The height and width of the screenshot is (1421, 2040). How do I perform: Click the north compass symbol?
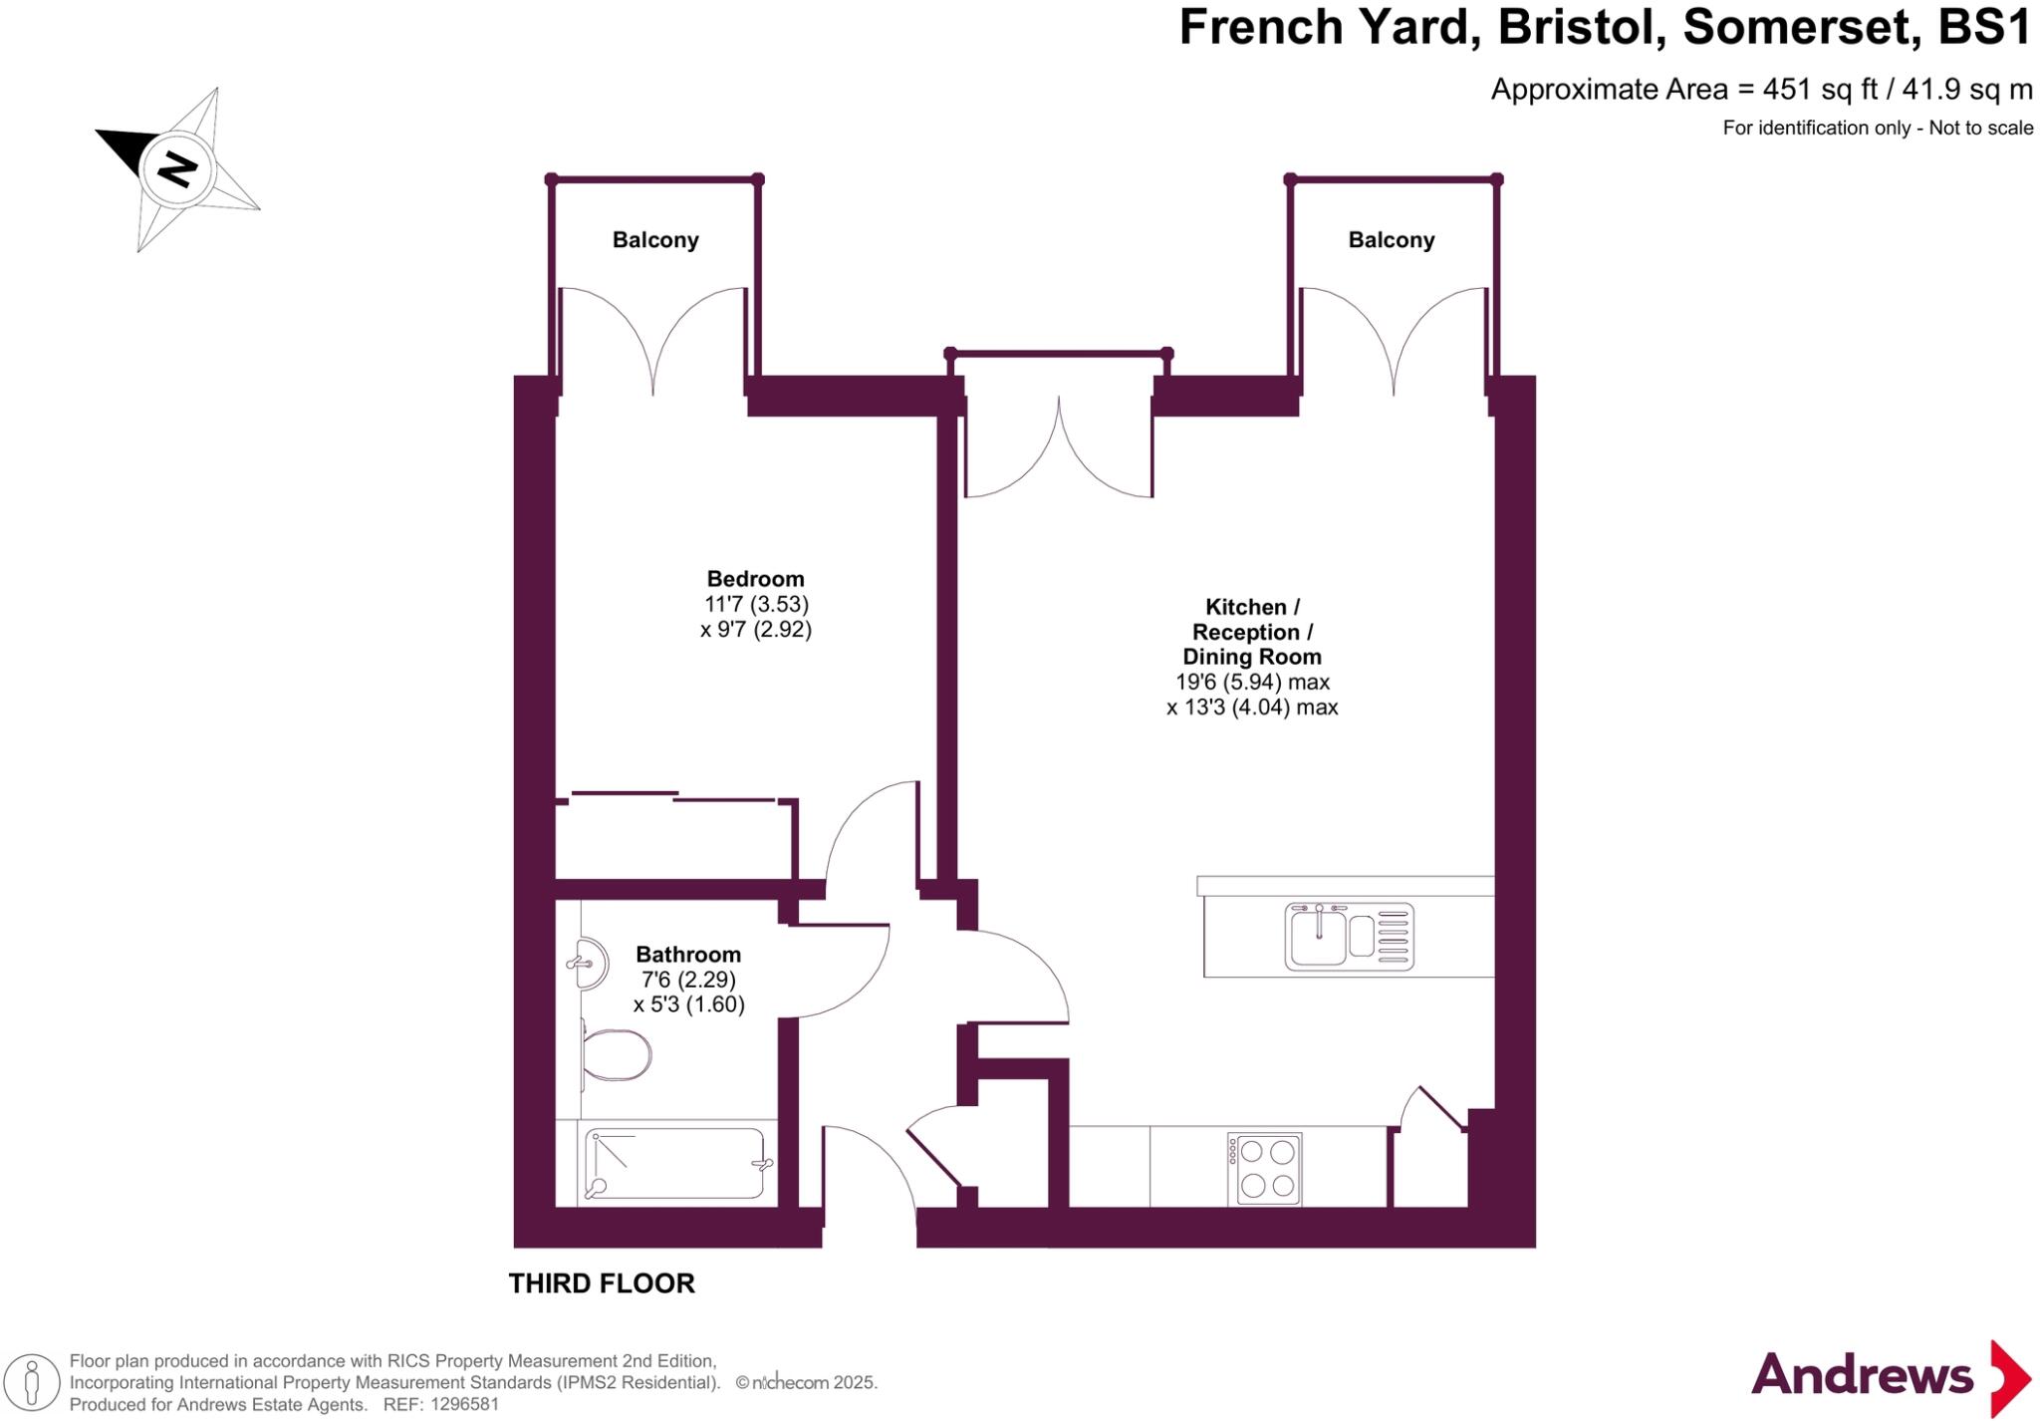(178, 168)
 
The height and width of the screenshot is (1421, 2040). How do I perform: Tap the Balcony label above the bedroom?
(654, 240)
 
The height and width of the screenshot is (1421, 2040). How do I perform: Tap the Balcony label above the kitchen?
(1391, 240)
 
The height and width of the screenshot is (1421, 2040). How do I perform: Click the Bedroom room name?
(755, 579)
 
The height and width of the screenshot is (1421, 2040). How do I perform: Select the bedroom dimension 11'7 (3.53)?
(756, 604)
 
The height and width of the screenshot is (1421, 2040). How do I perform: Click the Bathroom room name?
(688, 955)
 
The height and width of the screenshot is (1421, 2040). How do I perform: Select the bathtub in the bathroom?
(677, 1163)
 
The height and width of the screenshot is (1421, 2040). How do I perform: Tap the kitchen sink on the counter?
(1349, 937)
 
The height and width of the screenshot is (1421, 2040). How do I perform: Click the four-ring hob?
(1265, 1169)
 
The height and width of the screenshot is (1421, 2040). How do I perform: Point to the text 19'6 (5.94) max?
(1252, 683)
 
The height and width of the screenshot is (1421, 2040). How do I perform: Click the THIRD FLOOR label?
(602, 1283)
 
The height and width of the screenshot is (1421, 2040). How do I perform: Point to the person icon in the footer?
(32, 1384)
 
